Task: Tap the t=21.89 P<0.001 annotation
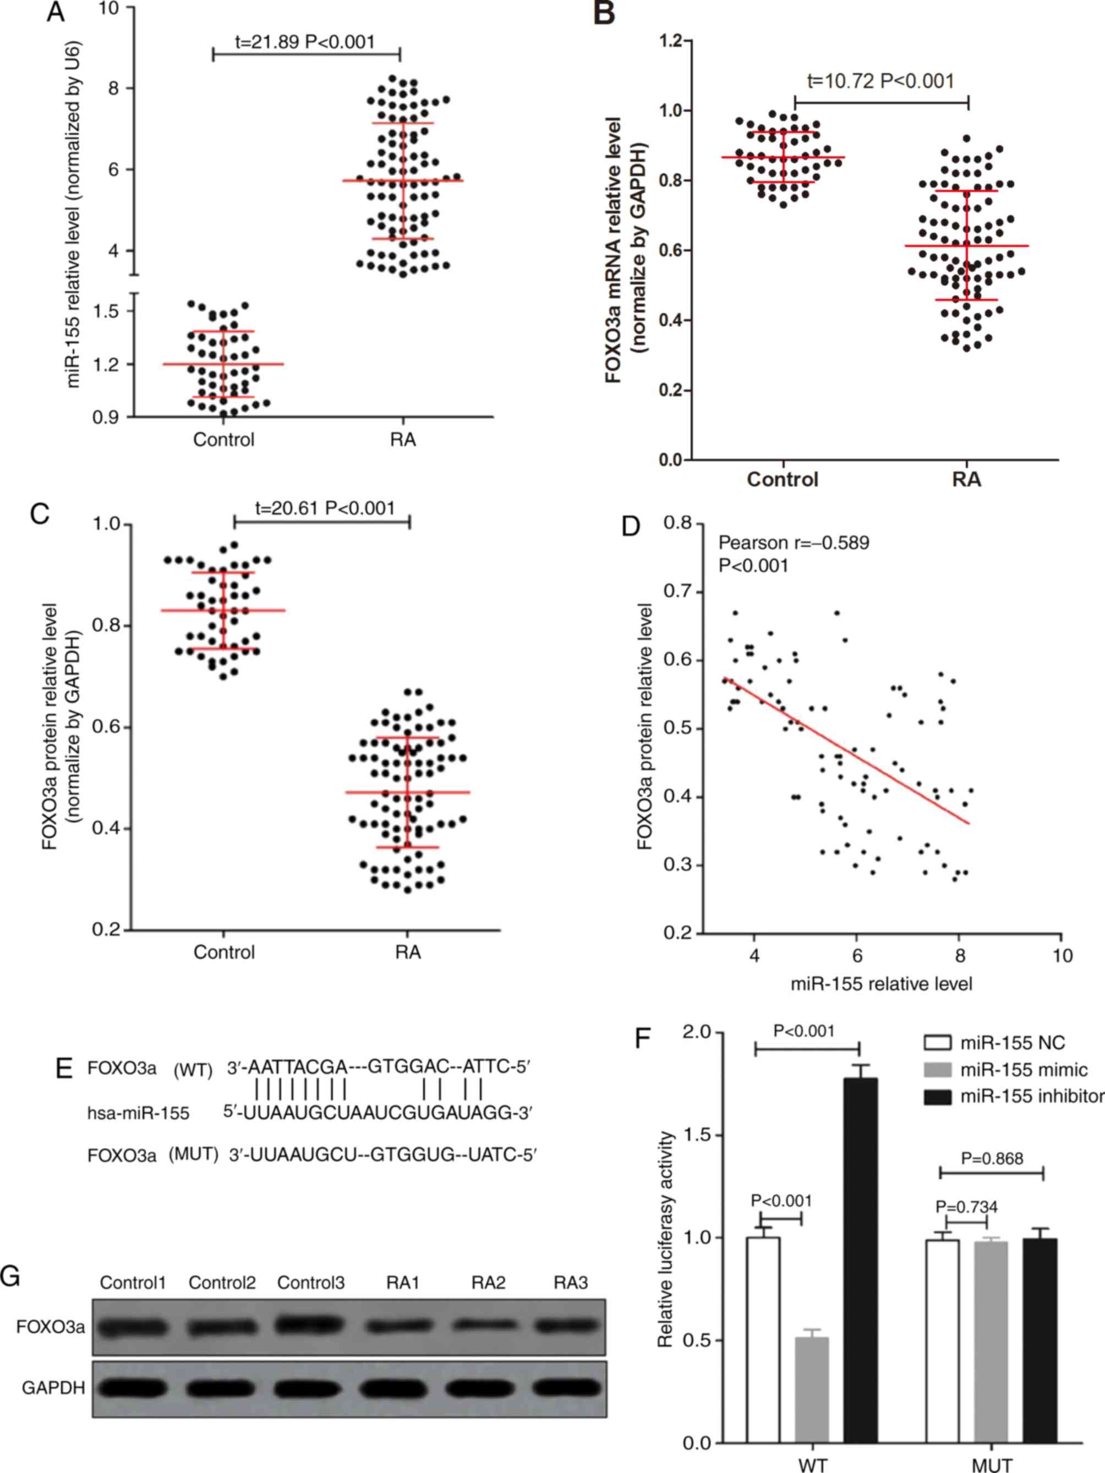[305, 42]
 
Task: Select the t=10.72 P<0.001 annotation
[880, 81]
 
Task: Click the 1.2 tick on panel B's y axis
[671, 41]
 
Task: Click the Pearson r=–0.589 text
[794, 543]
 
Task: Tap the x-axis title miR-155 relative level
[881, 983]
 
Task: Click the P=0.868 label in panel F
[992, 1159]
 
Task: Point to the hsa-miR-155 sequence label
[138, 1113]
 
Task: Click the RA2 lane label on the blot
[488, 1283]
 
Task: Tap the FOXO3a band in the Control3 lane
[310, 1324]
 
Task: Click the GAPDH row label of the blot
[53, 1388]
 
